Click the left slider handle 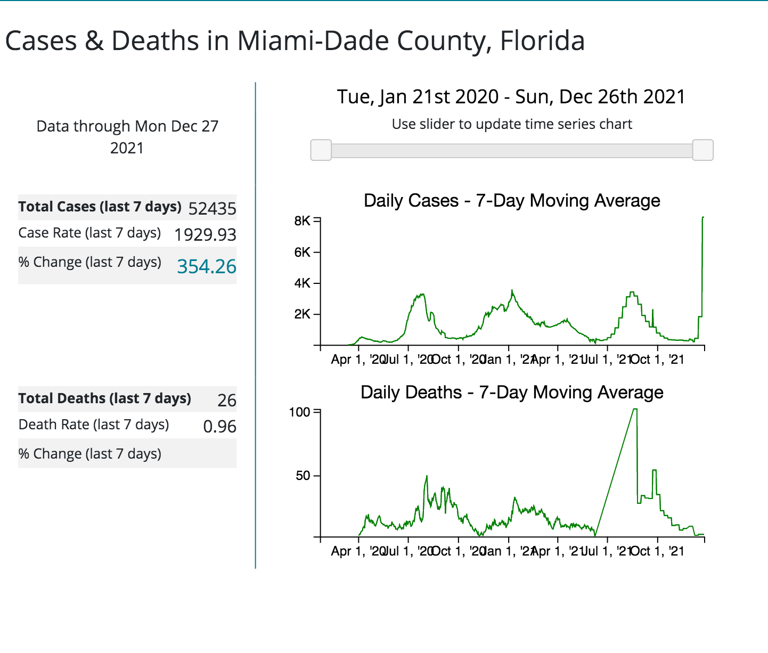coord(321,150)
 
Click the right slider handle coord(702,150)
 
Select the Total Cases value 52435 coord(212,208)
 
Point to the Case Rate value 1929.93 coord(205,234)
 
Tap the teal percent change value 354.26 coord(207,266)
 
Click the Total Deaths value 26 coord(227,400)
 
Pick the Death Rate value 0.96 coord(219,426)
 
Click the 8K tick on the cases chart coord(302,221)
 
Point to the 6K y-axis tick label coord(302,252)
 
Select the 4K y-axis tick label coord(302,283)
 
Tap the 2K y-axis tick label coord(302,314)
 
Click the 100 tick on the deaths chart coord(299,412)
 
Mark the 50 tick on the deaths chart coord(303,475)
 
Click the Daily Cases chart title coord(512,201)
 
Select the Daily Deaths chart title coord(512,393)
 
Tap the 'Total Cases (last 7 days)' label coord(100,207)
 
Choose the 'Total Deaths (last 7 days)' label coord(104,398)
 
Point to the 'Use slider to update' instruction coord(512,124)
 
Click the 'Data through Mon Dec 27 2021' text coord(127,137)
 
